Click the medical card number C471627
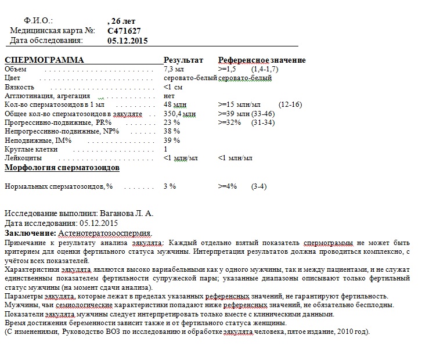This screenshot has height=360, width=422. point(124,31)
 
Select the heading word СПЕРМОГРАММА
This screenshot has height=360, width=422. point(44,60)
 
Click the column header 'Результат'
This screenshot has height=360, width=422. point(183,60)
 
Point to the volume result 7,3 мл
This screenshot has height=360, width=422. point(175,69)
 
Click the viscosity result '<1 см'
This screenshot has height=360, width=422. point(174,87)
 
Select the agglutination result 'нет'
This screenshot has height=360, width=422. point(169,96)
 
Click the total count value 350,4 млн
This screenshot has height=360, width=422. point(179,114)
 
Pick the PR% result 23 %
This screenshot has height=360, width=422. point(172,123)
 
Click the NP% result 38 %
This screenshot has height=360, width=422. point(172,131)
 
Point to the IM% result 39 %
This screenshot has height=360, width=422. point(172,141)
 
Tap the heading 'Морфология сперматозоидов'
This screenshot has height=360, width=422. point(62,168)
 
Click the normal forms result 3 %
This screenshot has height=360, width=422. point(169,186)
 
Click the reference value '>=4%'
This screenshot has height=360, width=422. point(228,186)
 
